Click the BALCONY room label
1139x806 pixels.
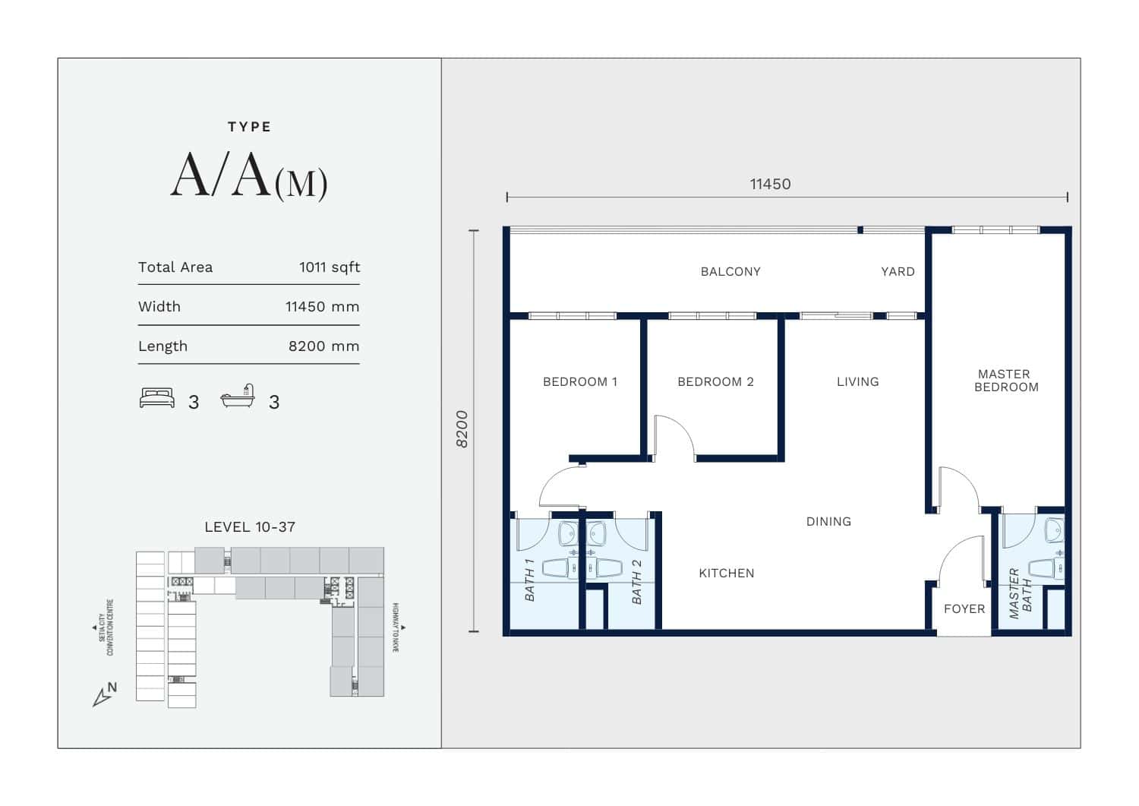730,272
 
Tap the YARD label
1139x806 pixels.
898,272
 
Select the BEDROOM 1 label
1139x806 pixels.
579,381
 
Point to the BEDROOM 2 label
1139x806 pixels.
715,381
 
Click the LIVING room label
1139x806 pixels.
858,381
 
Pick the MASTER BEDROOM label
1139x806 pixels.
1006,381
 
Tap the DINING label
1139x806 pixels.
829,522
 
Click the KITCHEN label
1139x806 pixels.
727,574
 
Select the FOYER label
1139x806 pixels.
964,609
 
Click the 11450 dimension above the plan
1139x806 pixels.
771,184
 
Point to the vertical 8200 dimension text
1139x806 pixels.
462,429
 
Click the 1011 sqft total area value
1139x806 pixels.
330,267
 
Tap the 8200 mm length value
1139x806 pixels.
324,346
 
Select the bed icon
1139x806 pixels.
157,398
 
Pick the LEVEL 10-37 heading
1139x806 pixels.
250,527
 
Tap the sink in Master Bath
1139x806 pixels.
1055,530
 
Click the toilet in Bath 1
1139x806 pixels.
560,568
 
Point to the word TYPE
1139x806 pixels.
250,127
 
